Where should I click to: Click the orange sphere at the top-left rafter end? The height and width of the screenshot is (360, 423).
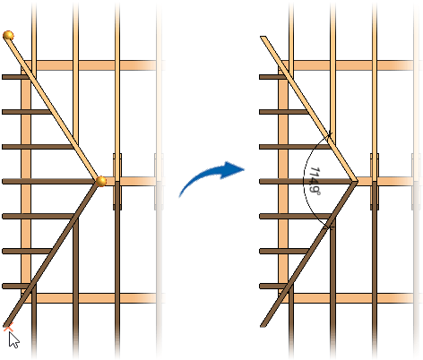(x=8, y=36)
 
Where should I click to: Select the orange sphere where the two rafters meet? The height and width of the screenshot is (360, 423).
(x=101, y=181)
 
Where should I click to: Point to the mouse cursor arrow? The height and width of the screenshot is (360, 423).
(x=13, y=340)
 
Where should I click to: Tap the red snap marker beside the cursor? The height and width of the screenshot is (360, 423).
(x=8, y=328)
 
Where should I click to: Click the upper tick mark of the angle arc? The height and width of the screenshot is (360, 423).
(x=329, y=135)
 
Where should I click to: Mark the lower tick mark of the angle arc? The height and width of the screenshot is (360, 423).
(x=330, y=227)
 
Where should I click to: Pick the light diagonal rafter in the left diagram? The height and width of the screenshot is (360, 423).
(x=53, y=107)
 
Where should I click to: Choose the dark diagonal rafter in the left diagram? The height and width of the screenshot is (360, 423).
(x=51, y=253)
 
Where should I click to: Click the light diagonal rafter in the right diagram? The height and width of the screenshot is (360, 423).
(x=309, y=109)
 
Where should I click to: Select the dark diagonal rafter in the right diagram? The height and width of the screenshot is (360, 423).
(x=308, y=253)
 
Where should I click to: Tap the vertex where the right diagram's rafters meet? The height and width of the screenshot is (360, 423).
(x=357, y=181)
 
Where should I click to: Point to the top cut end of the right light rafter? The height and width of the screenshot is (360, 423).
(x=263, y=38)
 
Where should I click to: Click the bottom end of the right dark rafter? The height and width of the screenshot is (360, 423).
(x=263, y=326)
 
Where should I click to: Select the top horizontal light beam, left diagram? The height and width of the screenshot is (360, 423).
(x=90, y=65)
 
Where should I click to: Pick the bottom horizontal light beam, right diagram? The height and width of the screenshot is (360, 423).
(x=348, y=298)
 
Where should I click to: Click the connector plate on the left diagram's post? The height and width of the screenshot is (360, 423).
(x=117, y=182)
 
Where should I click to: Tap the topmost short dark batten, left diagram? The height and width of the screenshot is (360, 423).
(x=15, y=77)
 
